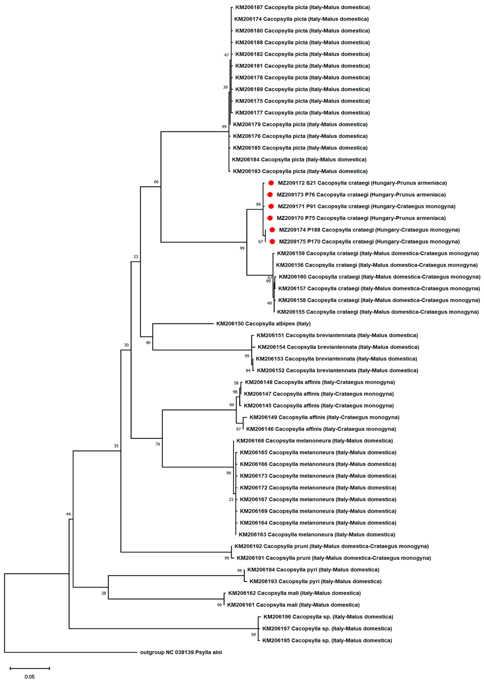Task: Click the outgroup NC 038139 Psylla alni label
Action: pos(181,652)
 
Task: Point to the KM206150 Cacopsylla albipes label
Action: pos(263,324)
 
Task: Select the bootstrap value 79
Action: pos(158,444)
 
